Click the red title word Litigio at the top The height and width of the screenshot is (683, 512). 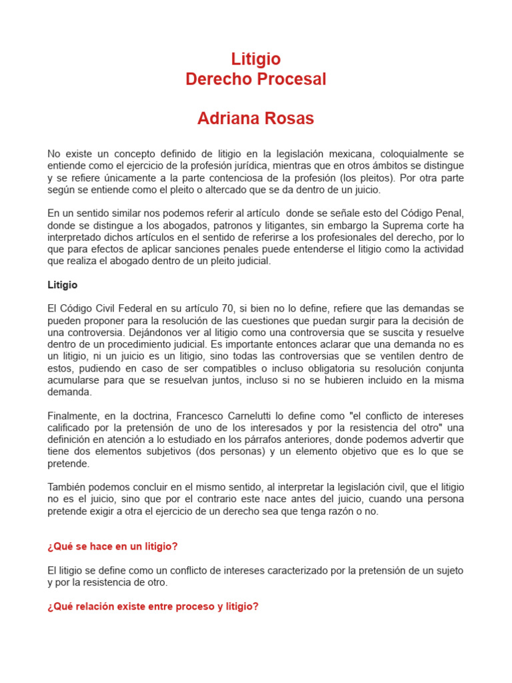click(256, 59)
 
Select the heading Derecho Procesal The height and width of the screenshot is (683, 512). click(256, 79)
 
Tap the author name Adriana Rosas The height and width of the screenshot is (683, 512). click(256, 119)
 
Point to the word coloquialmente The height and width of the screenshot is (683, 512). click(417, 154)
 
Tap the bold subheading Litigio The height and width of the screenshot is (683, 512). click(63, 285)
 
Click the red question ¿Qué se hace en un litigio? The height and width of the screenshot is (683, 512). click(113, 546)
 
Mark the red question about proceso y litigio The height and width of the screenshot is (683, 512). click(153, 606)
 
